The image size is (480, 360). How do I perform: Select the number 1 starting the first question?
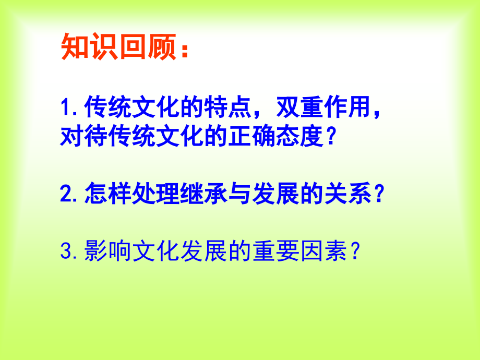(65, 109)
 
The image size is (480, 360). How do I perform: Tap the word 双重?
(296, 109)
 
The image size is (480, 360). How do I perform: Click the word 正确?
(249, 137)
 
